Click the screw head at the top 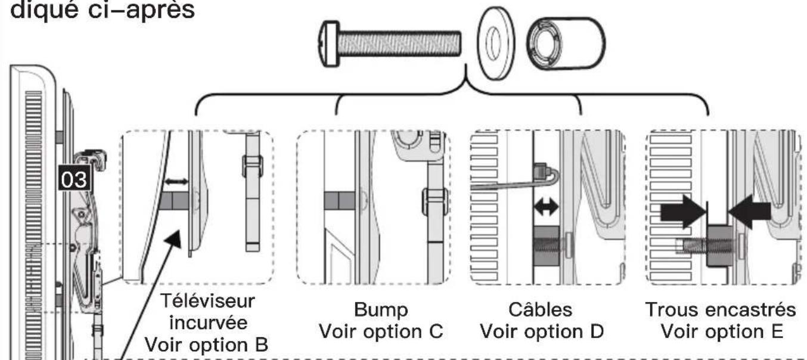click(328, 44)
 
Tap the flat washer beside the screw click(496, 44)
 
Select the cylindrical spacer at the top click(565, 44)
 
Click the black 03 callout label click(75, 179)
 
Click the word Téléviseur click(207, 301)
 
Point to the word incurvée click(208, 322)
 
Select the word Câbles click(540, 309)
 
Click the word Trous click(672, 310)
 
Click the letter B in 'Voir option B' click(262, 345)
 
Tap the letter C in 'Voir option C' click(436, 331)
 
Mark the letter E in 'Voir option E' click(777, 331)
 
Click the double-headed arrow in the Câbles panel click(546, 207)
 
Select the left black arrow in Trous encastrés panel click(683, 212)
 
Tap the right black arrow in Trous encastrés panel click(749, 212)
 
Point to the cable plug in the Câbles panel click(542, 169)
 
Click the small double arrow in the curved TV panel click(176, 182)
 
